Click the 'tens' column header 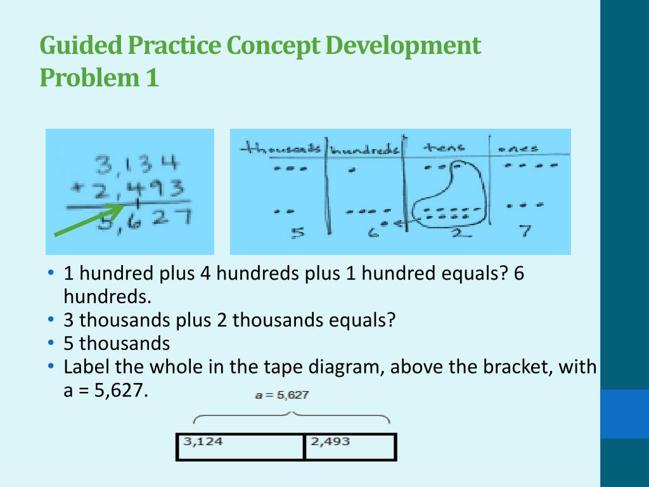[444, 148]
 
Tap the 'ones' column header [518, 149]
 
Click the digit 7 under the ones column [524, 231]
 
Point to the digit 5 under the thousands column [299, 233]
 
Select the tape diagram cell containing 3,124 [240, 446]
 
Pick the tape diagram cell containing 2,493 [350, 446]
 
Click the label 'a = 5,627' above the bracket [281, 395]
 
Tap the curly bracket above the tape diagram [292, 418]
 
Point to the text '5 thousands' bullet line [117, 344]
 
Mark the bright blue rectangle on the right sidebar [624, 413]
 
